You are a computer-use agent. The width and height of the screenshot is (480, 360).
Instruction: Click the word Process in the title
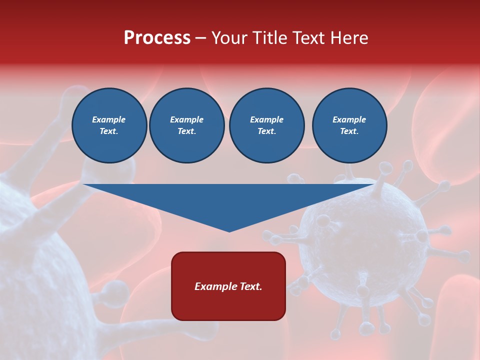(157, 38)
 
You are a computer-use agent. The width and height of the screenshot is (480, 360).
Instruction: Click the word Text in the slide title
(307, 38)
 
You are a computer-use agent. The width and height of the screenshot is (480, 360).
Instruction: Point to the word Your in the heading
(229, 38)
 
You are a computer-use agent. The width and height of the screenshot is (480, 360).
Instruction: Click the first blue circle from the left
(109, 125)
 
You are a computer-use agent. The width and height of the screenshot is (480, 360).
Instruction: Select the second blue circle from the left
(186, 125)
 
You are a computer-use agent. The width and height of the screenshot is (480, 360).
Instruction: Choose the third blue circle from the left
(266, 125)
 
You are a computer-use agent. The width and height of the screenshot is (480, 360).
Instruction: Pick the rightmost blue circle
(349, 125)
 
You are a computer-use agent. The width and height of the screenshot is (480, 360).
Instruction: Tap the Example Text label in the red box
(228, 286)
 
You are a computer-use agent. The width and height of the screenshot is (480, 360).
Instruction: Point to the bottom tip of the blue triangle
(229, 230)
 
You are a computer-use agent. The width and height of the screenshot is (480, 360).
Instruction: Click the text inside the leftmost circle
(109, 125)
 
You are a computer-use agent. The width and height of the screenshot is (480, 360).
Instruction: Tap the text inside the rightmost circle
(349, 125)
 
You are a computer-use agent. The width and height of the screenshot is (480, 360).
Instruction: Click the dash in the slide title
(200, 38)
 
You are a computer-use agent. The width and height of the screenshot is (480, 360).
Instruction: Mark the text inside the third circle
(266, 125)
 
